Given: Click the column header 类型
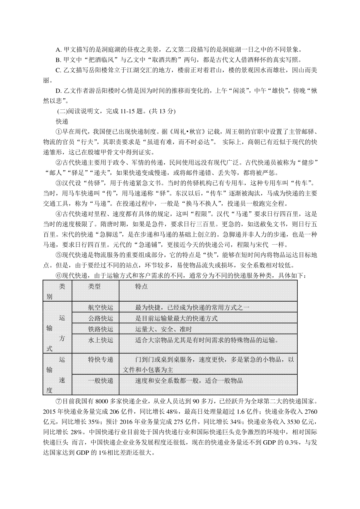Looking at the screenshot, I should click(x=94, y=286).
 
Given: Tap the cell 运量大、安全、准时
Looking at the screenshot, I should click(x=163, y=329).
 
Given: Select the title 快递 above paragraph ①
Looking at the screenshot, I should click(x=62, y=121).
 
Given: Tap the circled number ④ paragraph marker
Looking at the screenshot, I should click(x=59, y=214).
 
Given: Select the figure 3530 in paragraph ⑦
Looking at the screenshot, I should click(x=294, y=422).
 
